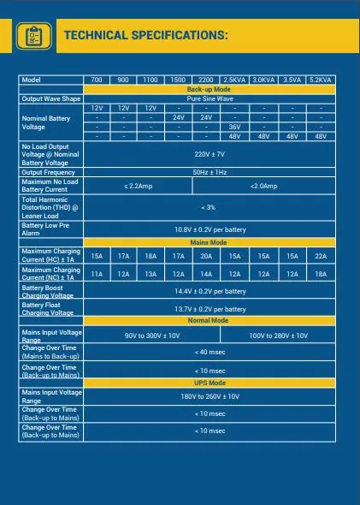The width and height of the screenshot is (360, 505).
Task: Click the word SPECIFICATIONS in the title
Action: (180, 35)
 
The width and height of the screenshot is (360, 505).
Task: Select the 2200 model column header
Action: (206, 80)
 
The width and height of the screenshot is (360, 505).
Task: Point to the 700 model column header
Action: (96, 80)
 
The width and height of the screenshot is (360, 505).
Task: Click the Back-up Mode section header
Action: (209, 89)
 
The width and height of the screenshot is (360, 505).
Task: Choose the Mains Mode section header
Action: (209, 242)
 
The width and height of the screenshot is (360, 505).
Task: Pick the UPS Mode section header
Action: (209, 382)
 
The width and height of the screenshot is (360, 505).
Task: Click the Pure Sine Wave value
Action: (209, 98)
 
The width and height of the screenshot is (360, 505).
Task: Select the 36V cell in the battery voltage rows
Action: (234, 127)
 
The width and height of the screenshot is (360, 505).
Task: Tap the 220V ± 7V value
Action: (209, 154)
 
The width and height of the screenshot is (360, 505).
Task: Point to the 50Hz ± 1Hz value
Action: (209, 172)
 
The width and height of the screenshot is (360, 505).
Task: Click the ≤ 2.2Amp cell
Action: (138, 186)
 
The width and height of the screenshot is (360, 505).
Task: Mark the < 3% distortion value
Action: (209, 207)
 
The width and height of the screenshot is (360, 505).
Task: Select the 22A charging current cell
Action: (321, 256)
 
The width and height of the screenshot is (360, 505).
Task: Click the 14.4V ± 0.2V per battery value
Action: (210, 291)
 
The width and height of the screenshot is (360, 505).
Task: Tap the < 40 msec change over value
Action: (210, 353)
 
